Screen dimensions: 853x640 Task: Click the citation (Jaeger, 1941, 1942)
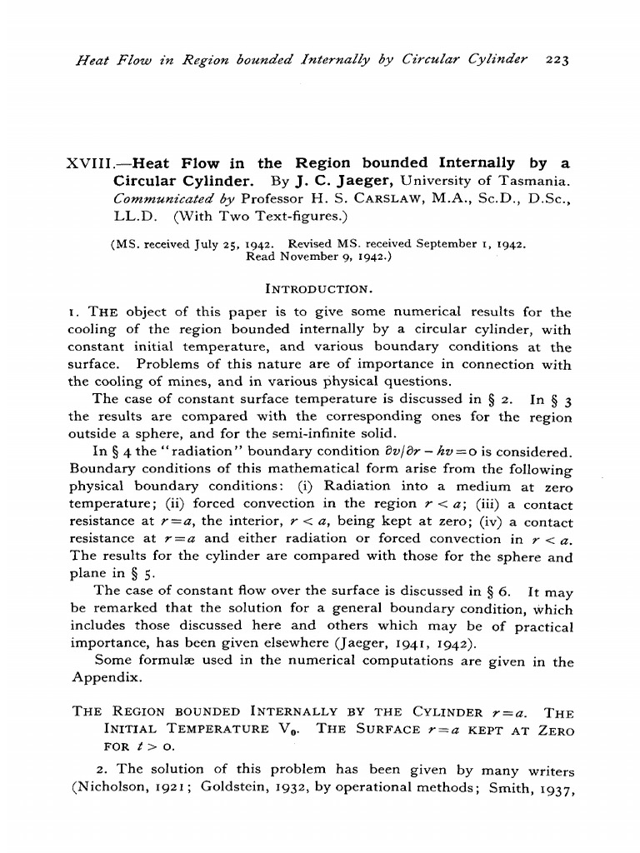coord(403,644)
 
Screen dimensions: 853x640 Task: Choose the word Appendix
coord(97,678)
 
